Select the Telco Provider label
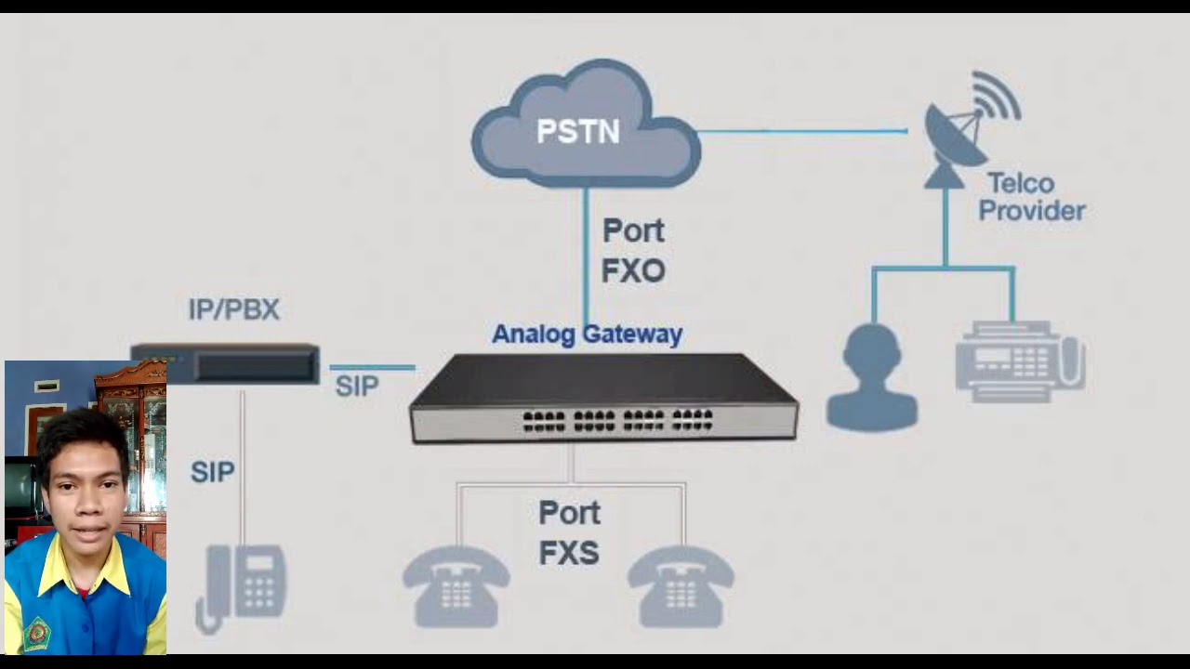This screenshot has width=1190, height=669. pyautogui.click(x=1031, y=197)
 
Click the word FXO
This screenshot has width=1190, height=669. pyautogui.click(x=633, y=271)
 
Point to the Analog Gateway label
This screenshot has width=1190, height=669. pyautogui.click(x=587, y=334)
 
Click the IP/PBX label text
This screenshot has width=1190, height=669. pyautogui.click(x=233, y=309)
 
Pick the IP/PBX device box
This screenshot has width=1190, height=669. pyautogui.click(x=226, y=364)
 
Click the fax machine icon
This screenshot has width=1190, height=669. pyautogui.click(x=1020, y=361)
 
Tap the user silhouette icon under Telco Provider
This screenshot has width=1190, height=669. pyautogui.click(x=872, y=378)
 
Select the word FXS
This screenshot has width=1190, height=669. pyautogui.click(x=569, y=554)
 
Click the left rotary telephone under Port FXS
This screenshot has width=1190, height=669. pyautogui.click(x=456, y=586)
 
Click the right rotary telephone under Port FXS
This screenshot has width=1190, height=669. pyautogui.click(x=681, y=586)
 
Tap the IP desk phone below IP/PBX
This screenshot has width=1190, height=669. pyautogui.click(x=244, y=586)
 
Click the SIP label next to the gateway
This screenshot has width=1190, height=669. pyautogui.click(x=357, y=387)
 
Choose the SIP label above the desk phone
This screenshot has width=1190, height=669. pyautogui.click(x=212, y=472)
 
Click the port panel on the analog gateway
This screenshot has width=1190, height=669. pyautogui.click(x=617, y=421)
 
